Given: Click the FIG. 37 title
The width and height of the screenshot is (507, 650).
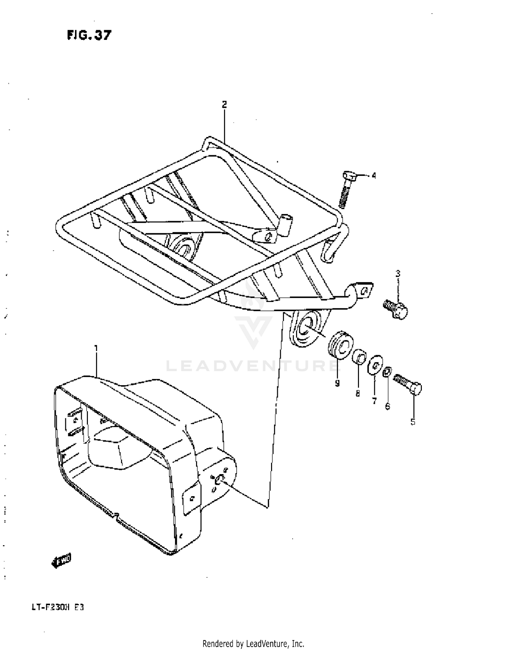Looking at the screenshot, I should (x=89, y=35).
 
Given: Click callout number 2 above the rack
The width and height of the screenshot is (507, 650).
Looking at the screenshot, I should (x=224, y=105).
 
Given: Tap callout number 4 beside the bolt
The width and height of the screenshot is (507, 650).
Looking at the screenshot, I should (x=373, y=176).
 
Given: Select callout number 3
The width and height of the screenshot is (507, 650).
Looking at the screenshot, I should (x=398, y=273).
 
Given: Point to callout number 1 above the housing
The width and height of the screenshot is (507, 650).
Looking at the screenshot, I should (x=96, y=348).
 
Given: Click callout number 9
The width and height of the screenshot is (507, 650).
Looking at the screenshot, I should (x=337, y=383).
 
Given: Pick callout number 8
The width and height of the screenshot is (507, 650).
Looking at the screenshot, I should (x=358, y=393).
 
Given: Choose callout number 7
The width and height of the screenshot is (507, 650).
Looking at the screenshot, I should (x=374, y=401).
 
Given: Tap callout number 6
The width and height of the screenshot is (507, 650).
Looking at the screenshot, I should (x=388, y=406).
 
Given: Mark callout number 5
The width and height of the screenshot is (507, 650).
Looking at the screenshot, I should (x=413, y=422).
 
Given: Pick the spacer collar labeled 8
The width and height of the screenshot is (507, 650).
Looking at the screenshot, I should (x=360, y=357).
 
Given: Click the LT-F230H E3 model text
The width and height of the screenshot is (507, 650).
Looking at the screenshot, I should (x=58, y=607).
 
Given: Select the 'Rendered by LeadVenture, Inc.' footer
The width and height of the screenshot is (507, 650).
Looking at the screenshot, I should (x=253, y=643).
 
